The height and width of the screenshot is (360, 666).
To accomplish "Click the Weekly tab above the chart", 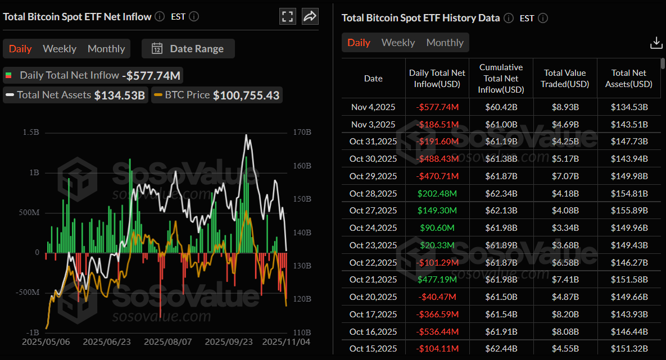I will [60, 49].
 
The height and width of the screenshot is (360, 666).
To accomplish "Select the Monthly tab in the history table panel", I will [445, 43].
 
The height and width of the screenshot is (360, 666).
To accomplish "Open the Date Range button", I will [188, 49].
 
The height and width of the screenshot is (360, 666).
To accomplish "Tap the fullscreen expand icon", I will [288, 16].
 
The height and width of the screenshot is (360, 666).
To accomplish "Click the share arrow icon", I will [310, 16].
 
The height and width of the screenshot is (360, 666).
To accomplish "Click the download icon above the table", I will [656, 43].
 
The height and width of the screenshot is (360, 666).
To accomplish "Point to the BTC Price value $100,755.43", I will [246, 95].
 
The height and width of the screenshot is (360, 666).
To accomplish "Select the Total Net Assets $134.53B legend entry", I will [75, 95].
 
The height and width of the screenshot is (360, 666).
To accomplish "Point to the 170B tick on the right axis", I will [302, 133].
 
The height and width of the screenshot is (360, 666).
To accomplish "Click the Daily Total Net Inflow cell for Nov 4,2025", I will [437, 107].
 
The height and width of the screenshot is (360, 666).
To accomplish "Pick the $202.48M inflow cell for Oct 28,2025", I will [437, 193].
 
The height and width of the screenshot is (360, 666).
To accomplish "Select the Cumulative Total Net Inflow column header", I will [501, 79].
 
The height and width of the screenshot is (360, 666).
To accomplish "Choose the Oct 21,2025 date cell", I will [373, 280].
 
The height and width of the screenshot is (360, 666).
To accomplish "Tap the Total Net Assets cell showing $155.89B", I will [629, 211].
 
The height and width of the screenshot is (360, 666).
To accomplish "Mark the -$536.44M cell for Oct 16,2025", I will [437, 332].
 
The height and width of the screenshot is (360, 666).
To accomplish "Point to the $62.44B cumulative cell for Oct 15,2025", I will [501, 349].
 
